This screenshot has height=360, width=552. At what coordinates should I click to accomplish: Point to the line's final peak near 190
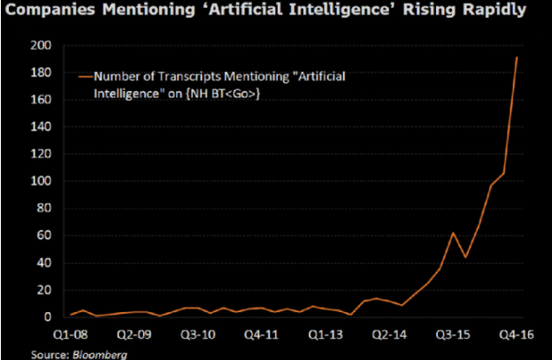click(x=517, y=57)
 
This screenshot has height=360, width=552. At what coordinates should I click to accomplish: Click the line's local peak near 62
click(x=453, y=233)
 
